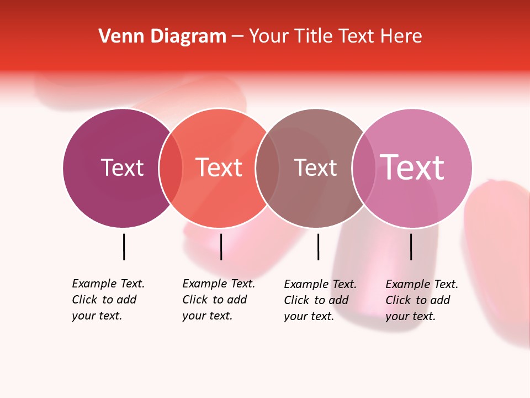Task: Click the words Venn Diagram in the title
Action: [x=162, y=36]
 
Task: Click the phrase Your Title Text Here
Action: [x=335, y=36]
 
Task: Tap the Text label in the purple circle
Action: [x=122, y=167]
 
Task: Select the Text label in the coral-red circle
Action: [x=219, y=167]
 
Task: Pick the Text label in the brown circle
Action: [x=315, y=167]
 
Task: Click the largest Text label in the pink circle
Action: [x=412, y=167]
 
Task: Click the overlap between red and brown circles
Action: [x=267, y=168]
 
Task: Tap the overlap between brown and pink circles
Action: [x=364, y=168]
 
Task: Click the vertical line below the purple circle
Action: [x=124, y=247]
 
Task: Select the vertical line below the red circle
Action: [x=221, y=247]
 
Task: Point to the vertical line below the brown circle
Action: [x=318, y=247]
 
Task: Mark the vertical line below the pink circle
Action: [x=411, y=247]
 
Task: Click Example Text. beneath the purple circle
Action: [x=108, y=284]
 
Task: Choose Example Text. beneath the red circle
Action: [x=219, y=284]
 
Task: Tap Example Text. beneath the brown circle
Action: [x=320, y=284]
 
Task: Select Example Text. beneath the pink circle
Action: [x=422, y=284]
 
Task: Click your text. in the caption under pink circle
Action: [x=410, y=316]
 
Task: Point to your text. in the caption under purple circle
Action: [x=97, y=316]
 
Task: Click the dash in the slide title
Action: [x=237, y=37]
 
